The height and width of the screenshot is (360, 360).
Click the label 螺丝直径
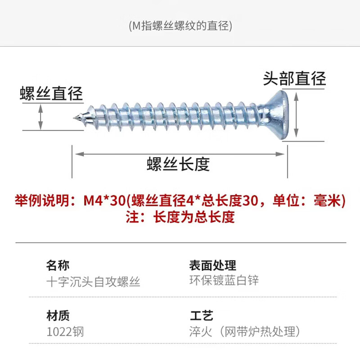(x=51, y=94)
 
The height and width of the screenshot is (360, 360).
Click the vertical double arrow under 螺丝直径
(x=41, y=116)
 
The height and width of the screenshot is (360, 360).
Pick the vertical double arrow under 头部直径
(x=296, y=115)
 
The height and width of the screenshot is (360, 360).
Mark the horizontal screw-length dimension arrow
(x=180, y=154)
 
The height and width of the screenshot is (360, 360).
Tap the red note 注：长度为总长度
(x=180, y=217)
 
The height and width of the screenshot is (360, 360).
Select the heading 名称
(x=58, y=265)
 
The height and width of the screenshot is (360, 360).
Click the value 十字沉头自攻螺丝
(x=94, y=282)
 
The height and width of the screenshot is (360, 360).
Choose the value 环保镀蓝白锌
(x=224, y=280)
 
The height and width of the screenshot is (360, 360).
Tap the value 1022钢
(x=65, y=332)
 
